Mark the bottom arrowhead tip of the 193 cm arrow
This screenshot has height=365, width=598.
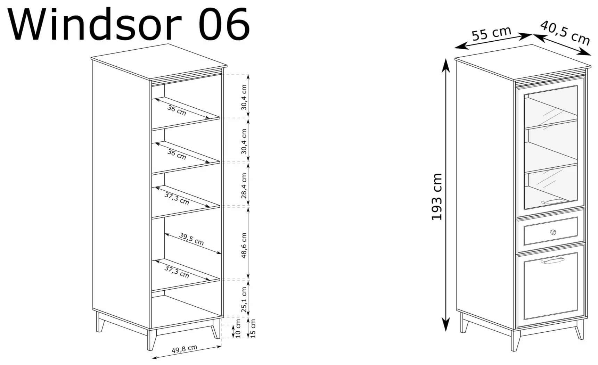(x=446, y=331)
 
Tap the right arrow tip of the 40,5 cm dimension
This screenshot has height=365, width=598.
(x=591, y=55)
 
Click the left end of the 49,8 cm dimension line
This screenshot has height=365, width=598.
(x=152, y=358)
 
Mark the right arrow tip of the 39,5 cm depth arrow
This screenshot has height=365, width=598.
(x=221, y=254)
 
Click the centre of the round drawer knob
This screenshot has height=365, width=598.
(x=553, y=232)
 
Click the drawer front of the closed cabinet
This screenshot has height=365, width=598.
(x=551, y=231)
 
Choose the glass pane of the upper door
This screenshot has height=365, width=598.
(x=550, y=147)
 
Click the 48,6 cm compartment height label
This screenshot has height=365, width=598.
(x=244, y=245)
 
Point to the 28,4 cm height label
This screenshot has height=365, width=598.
(x=244, y=185)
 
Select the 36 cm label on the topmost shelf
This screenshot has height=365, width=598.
(x=177, y=110)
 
